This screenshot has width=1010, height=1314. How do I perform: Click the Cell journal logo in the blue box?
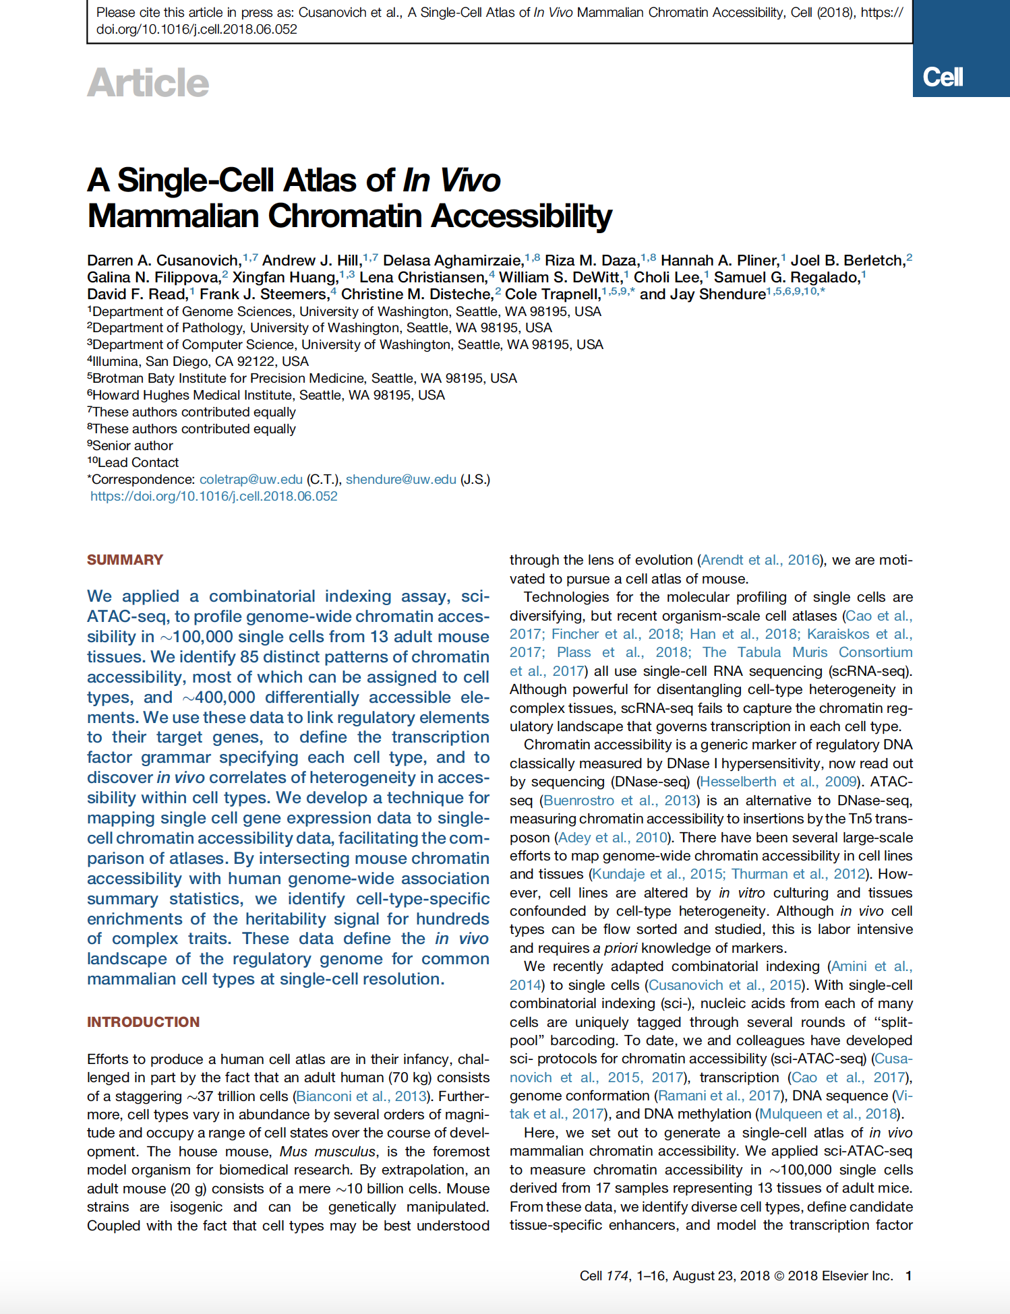click(x=943, y=77)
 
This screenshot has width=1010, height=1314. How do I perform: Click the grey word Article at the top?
click(x=148, y=83)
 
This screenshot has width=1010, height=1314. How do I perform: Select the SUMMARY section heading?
click(x=125, y=560)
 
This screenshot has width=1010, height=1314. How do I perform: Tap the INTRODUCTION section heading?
click(x=143, y=1022)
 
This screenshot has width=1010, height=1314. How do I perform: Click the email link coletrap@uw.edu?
click(x=251, y=479)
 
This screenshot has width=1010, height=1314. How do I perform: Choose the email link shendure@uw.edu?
click(x=400, y=479)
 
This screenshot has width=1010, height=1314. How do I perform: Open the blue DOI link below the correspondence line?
click(x=214, y=496)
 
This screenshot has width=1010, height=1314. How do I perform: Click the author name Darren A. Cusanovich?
click(x=164, y=261)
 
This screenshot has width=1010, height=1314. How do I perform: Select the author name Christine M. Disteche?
click(x=417, y=294)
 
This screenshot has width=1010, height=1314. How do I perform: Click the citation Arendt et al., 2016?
click(x=761, y=560)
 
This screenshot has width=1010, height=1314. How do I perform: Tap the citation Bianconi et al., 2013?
click(x=362, y=1096)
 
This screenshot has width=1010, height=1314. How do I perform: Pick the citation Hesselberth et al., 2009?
click(x=779, y=782)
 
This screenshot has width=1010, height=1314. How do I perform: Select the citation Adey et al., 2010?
click(x=613, y=838)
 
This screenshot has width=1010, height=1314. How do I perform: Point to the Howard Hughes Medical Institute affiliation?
click(x=268, y=395)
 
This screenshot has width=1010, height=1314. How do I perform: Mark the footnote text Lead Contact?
click(x=138, y=462)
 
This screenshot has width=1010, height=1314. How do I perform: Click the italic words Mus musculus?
click(x=328, y=1152)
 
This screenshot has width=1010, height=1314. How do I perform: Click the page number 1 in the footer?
click(x=908, y=1276)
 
